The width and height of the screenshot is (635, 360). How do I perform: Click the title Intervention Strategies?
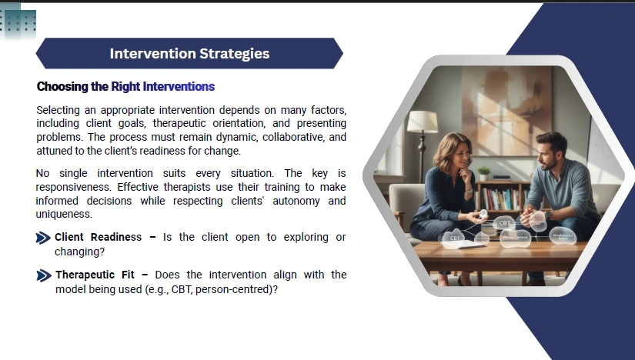[189, 53]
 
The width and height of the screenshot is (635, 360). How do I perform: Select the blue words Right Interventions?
[163, 87]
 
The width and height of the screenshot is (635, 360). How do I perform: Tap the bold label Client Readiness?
[98, 237]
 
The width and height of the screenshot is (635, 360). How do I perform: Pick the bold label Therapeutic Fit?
[95, 275]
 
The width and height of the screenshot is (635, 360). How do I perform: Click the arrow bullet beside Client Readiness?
[43, 238]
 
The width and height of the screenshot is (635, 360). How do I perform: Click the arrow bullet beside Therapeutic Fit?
[44, 275]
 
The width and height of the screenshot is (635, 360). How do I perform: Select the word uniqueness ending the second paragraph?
[64, 214]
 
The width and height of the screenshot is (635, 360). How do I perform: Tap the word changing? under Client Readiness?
[79, 252]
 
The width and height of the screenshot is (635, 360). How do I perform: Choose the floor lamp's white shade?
[423, 122]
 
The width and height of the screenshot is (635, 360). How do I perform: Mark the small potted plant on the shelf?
[483, 173]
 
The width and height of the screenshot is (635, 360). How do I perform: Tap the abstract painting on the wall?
[506, 110]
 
